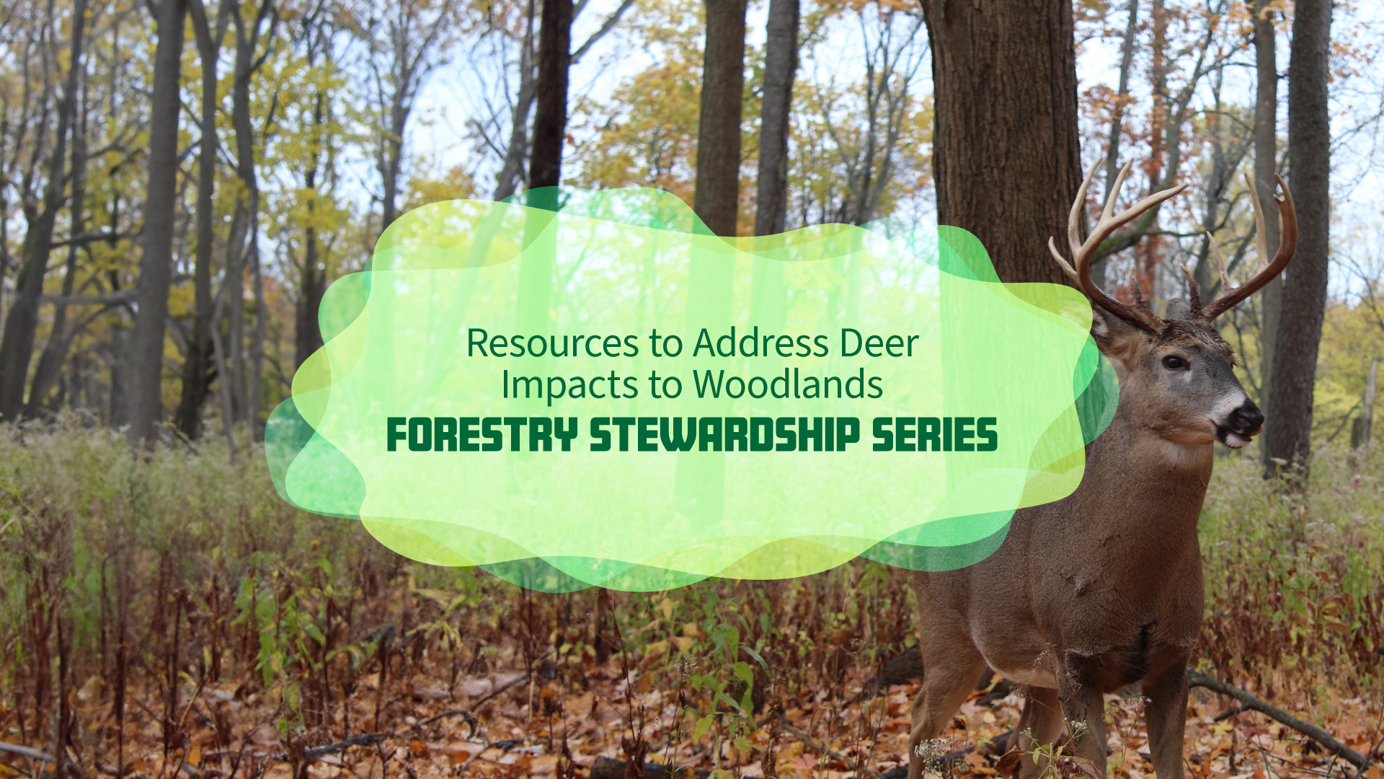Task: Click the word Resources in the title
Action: click(552, 343)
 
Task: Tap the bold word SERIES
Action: click(935, 435)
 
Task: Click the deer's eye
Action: click(1174, 361)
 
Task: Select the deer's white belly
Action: click(1024, 667)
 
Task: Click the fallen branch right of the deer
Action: click(1276, 714)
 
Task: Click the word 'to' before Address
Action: click(666, 343)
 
